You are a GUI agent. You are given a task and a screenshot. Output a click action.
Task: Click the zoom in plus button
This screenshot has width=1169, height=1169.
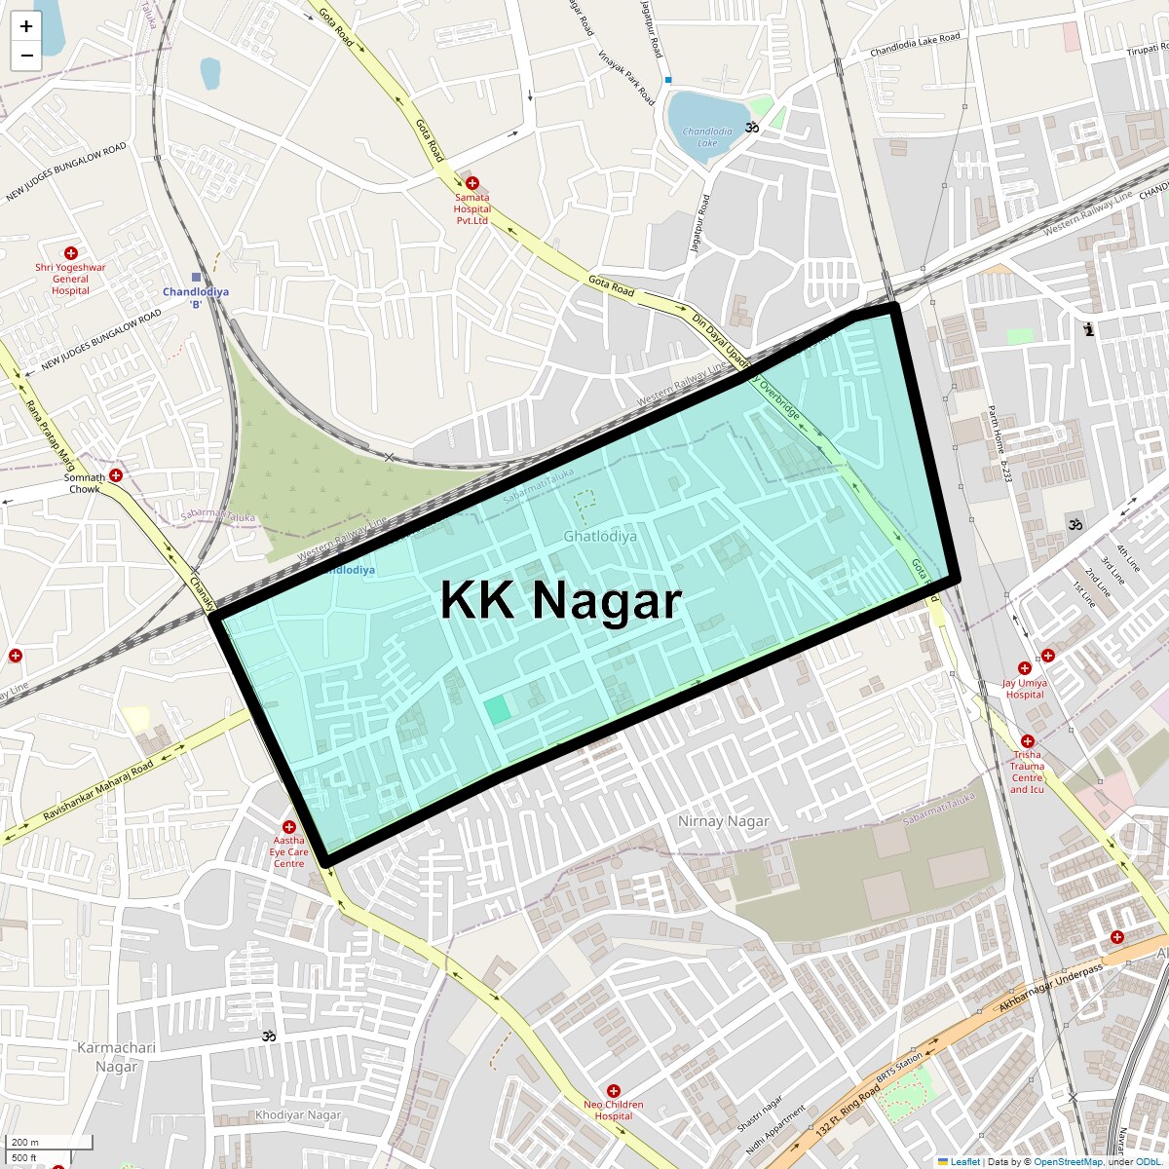pyautogui.click(x=26, y=27)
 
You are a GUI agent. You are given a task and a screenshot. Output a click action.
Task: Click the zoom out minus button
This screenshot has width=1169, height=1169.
pyautogui.click(x=26, y=56)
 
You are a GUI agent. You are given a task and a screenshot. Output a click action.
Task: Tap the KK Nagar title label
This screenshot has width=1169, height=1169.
pyautogui.click(x=560, y=600)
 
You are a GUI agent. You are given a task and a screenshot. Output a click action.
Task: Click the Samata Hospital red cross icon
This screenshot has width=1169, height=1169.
pyautogui.click(x=472, y=183)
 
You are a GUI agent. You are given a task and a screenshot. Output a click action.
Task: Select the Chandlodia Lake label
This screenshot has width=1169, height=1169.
pyautogui.click(x=707, y=136)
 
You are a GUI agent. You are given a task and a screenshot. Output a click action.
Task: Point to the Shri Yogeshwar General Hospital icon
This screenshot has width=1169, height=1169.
pyautogui.click(x=71, y=253)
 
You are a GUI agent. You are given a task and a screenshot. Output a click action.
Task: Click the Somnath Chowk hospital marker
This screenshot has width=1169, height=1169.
pyautogui.click(x=116, y=475)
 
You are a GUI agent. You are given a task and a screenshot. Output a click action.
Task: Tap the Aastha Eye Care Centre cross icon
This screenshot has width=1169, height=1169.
pyautogui.click(x=289, y=827)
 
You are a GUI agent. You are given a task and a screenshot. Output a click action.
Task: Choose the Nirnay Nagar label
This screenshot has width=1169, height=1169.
pyautogui.click(x=724, y=821)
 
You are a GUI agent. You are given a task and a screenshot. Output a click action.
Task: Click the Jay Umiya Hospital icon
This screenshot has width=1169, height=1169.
pyautogui.click(x=1025, y=668)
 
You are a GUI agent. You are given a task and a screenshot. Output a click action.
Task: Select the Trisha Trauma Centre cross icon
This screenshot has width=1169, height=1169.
pyautogui.click(x=1028, y=741)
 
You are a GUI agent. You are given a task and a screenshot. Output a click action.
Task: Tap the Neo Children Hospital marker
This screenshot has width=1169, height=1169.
pyautogui.click(x=614, y=1091)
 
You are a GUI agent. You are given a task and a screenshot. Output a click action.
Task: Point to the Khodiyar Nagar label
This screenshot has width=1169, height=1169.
pyautogui.click(x=298, y=1114)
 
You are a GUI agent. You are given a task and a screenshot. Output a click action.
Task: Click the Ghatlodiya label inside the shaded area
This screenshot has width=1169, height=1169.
pyautogui.click(x=600, y=536)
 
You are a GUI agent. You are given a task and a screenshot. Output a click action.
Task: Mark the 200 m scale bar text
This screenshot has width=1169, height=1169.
pyautogui.click(x=26, y=1142)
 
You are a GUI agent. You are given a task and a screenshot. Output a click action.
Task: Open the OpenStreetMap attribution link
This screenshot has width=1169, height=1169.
pyautogui.click(x=1068, y=1161)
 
